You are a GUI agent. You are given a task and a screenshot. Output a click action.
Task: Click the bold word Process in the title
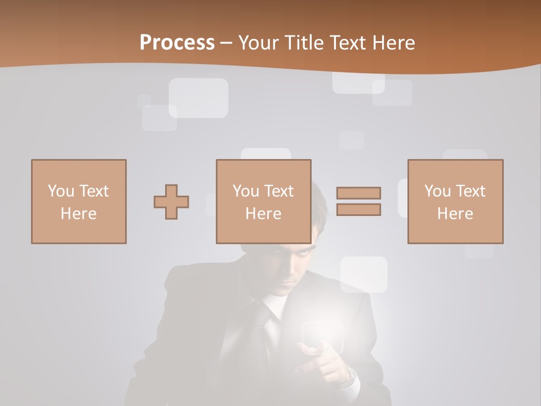[177, 43]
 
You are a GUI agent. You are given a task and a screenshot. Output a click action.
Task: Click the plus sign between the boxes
[171, 202]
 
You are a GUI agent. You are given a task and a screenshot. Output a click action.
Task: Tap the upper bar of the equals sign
[358, 193]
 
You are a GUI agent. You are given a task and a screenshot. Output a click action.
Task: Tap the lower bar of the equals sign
[358, 210]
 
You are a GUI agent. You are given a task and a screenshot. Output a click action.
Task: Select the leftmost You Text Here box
[79, 201]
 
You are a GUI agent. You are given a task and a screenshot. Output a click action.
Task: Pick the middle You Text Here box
[264, 201]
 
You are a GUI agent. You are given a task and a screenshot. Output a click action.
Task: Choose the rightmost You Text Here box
[455, 201]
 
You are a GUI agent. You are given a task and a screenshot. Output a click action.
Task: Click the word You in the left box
[61, 191]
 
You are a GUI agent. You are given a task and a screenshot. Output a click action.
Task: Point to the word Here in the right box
[455, 214]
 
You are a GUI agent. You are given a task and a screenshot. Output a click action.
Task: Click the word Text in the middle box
[279, 191]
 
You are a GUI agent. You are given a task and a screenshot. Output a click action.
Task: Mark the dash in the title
[227, 43]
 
